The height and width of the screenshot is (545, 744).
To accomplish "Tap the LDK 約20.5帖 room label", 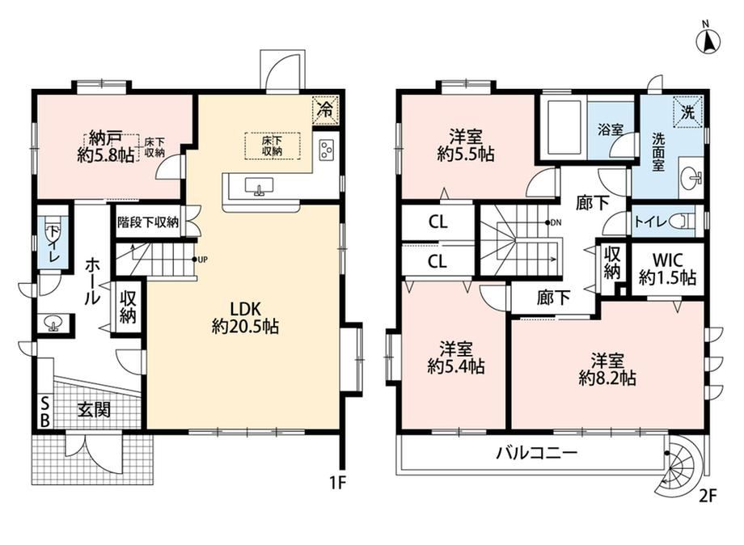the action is pyautogui.click(x=245, y=318).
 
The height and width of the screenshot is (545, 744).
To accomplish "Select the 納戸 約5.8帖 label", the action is pyautogui.click(x=105, y=147).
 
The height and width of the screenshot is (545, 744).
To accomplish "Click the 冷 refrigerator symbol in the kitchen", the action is pyautogui.click(x=325, y=110).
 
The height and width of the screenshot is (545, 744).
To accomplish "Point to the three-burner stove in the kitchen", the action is pyautogui.click(x=327, y=150).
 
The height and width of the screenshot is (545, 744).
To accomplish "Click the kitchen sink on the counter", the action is pyautogui.click(x=259, y=186).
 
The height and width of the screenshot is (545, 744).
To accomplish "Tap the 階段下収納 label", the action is pyautogui.click(x=147, y=222).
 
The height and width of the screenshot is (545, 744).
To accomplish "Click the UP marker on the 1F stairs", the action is pyautogui.click(x=200, y=259).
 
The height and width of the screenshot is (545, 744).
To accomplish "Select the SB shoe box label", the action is pyautogui.click(x=45, y=412).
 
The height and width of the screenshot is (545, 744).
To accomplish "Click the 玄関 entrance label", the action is pyautogui.click(x=94, y=409).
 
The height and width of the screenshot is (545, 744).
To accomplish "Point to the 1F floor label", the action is pyautogui.click(x=340, y=484).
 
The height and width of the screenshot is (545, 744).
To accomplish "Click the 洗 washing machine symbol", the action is pyautogui.click(x=688, y=112).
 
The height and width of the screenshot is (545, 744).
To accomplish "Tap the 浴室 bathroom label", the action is pyautogui.click(x=611, y=129).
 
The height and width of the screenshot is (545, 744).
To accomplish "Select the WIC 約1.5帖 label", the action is pyautogui.click(x=667, y=268).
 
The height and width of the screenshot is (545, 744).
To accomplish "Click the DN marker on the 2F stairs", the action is pyautogui.click(x=553, y=222).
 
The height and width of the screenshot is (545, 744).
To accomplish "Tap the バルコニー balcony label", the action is pyautogui.click(x=537, y=453).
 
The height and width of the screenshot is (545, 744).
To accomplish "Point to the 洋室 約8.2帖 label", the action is pyautogui.click(x=607, y=370).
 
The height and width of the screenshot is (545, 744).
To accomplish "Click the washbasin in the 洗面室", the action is pyautogui.click(x=691, y=179).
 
